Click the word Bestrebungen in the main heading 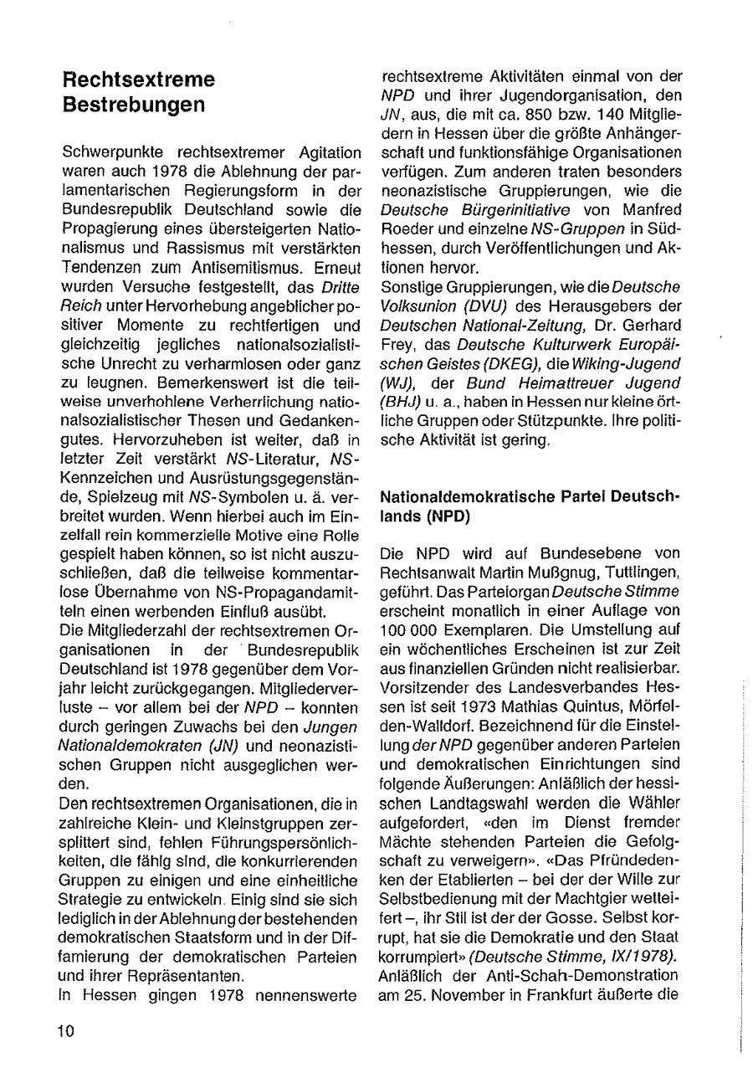(133, 105)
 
